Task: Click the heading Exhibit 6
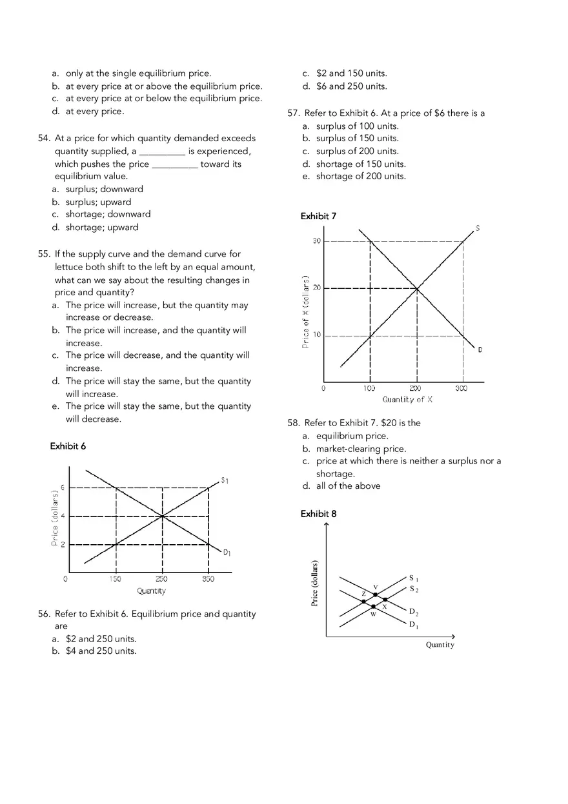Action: coord(68,446)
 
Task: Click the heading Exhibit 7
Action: coord(318,216)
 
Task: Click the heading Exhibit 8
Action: coord(318,514)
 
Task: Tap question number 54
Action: coord(45,138)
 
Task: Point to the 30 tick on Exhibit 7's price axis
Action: coord(316,240)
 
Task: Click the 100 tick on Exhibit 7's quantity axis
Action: coord(369,389)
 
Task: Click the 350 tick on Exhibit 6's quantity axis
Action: coord(208,579)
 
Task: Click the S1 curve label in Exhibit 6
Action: coord(225,480)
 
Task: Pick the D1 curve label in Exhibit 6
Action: coord(227,553)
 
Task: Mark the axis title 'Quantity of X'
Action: coord(407,400)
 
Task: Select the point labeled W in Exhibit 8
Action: coord(373,607)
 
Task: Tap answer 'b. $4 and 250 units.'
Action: coord(101,651)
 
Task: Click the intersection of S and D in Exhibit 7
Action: coord(417,288)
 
